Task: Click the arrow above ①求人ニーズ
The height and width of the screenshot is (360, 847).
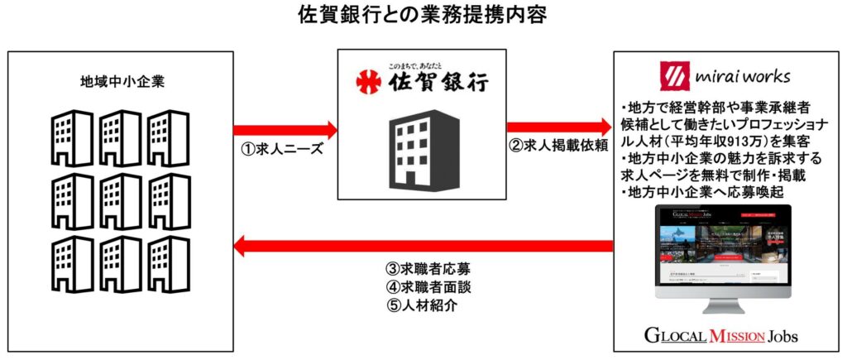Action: click(x=285, y=130)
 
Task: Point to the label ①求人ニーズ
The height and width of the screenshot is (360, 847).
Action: click(x=285, y=151)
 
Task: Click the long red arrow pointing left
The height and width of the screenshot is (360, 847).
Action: click(x=423, y=245)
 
